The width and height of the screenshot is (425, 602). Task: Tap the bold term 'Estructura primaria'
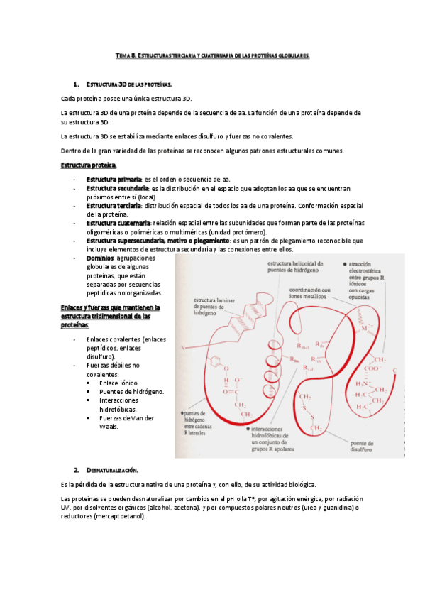114,180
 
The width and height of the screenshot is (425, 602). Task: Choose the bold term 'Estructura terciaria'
114,205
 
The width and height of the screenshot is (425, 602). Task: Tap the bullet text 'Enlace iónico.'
119,383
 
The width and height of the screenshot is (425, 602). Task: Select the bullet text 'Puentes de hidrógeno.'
132,391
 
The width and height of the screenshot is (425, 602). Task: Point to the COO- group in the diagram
372,369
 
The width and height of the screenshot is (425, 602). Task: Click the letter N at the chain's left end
182,348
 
